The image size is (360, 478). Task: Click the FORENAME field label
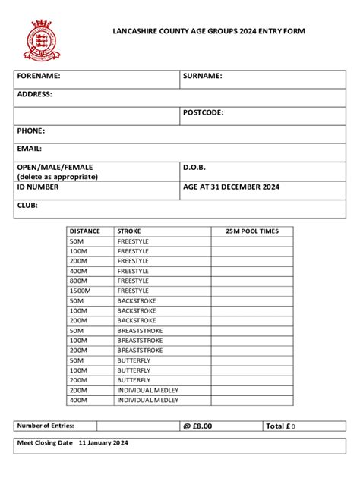click(x=39, y=76)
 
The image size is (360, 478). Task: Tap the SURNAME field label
click(x=202, y=76)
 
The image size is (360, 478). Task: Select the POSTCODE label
click(x=203, y=112)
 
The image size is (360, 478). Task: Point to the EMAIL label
click(x=30, y=149)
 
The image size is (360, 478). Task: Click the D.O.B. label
click(x=194, y=167)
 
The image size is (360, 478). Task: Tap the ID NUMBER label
click(x=38, y=186)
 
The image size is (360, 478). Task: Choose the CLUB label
click(x=27, y=205)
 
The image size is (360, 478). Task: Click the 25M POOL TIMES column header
click(x=252, y=231)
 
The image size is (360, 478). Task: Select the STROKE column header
click(x=128, y=231)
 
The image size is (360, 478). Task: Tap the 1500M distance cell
click(x=80, y=291)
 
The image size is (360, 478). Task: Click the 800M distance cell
click(x=78, y=281)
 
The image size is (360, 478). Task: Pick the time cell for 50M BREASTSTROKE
click(x=252, y=331)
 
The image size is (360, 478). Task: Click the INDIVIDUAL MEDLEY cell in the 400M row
click(x=148, y=400)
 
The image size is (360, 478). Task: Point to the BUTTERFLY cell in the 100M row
click(x=134, y=370)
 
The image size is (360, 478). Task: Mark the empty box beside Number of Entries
click(x=136, y=426)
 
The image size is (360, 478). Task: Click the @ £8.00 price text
click(x=197, y=426)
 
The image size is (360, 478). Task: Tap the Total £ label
click(x=277, y=426)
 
